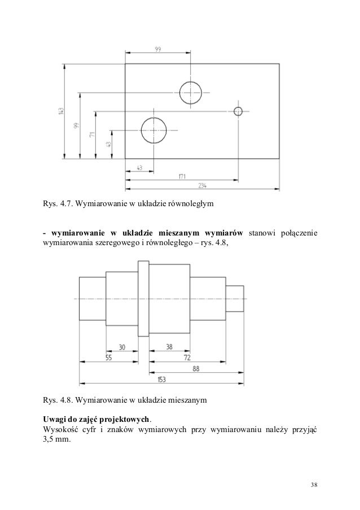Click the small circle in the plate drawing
coord(238,111)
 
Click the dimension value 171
coord(182,176)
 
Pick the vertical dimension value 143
coord(61,111)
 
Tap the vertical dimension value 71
coord(92,136)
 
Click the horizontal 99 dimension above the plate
coord(157,50)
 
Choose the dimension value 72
coord(187,358)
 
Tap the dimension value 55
coord(108,358)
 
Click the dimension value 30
coord(121,348)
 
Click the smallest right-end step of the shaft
coord(235,298)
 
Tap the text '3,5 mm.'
coord(57,442)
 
